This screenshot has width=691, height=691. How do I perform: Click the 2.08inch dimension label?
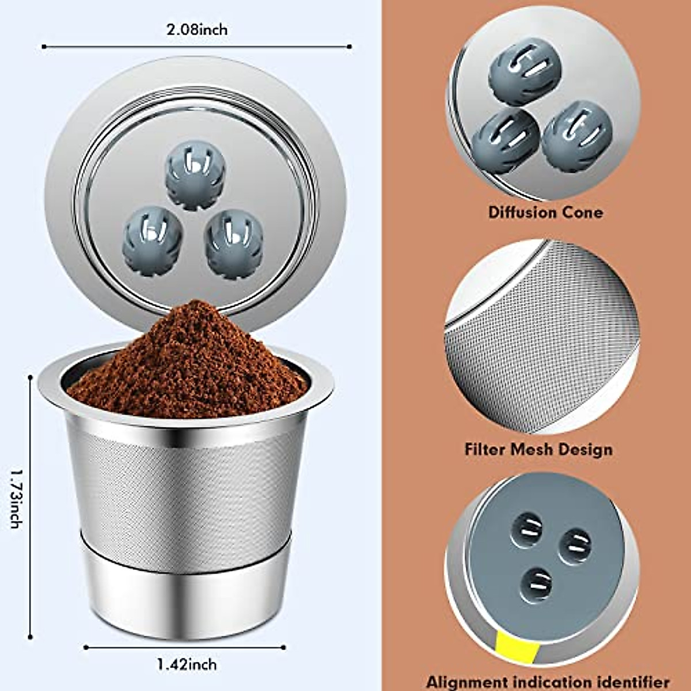pyautogui.click(x=197, y=29)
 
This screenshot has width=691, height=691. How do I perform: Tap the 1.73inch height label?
pyautogui.click(x=16, y=499)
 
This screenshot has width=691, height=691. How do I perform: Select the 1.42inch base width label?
pyautogui.click(x=187, y=664)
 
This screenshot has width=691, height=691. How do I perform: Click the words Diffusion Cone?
pyautogui.click(x=545, y=212)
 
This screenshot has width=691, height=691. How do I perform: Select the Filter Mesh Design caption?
pyautogui.click(x=538, y=449)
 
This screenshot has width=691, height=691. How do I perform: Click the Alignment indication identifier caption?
pyautogui.click(x=548, y=682)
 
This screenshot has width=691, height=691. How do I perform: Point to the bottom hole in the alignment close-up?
pyautogui.click(x=536, y=583)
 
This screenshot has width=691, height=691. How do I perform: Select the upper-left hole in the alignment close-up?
pyautogui.click(x=526, y=530)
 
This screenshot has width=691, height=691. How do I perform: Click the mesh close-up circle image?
pyautogui.click(x=541, y=337)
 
